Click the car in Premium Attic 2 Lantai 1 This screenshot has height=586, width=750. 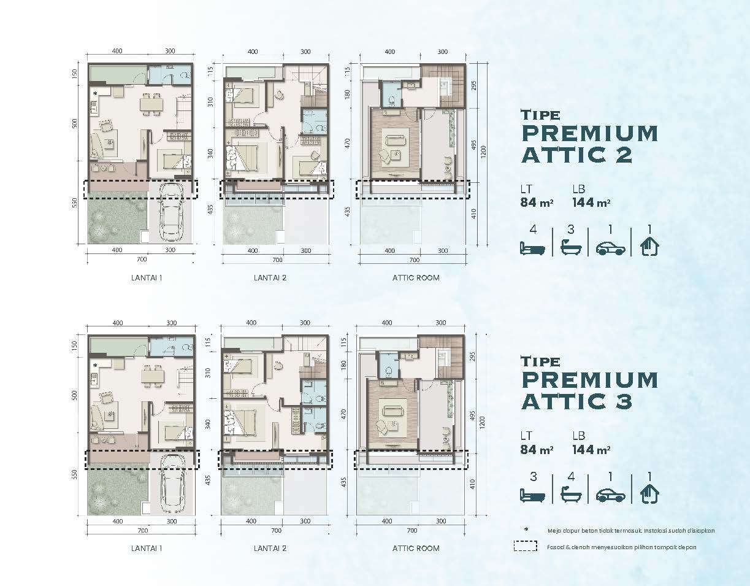click(172, 212)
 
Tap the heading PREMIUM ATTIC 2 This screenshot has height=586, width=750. click(590, 144)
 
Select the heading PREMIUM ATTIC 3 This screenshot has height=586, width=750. click(590, 390)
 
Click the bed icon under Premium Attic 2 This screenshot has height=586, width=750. click(532, 249)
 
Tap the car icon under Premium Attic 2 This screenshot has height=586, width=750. click(610, 249)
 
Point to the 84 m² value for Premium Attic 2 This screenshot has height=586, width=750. click(537, 202)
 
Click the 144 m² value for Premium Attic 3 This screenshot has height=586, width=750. click(591, 450)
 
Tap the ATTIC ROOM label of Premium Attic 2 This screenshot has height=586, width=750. click(416, 277)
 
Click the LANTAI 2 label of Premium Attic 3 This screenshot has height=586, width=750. click(270, 549)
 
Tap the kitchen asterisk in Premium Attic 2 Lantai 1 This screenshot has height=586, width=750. click(95, 94)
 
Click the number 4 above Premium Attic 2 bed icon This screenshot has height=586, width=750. click(534, 229)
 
